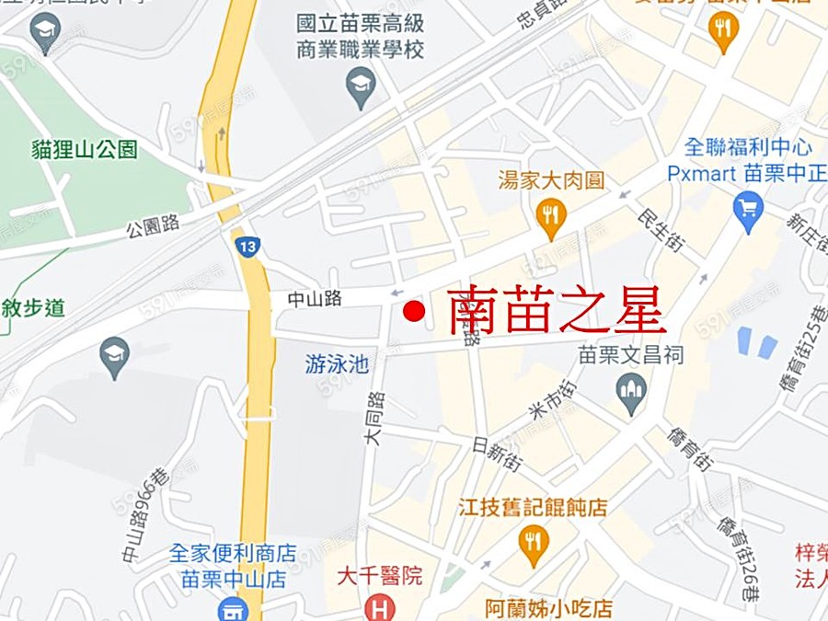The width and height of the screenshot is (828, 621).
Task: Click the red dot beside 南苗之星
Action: click(x=414, y=311)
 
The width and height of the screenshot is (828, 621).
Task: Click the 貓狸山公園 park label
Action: click(x=84, y=149)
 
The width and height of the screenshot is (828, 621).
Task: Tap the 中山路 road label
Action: click(x=315, y=298)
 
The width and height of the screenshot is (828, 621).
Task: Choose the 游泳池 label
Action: click(x=337, y=365)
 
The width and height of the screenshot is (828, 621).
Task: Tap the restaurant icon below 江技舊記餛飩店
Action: click(x=533, y=544)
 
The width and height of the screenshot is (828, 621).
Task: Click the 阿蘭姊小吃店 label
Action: click(x=548, y=608)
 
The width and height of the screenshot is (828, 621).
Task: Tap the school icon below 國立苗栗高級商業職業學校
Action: click(x=361, y=88)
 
